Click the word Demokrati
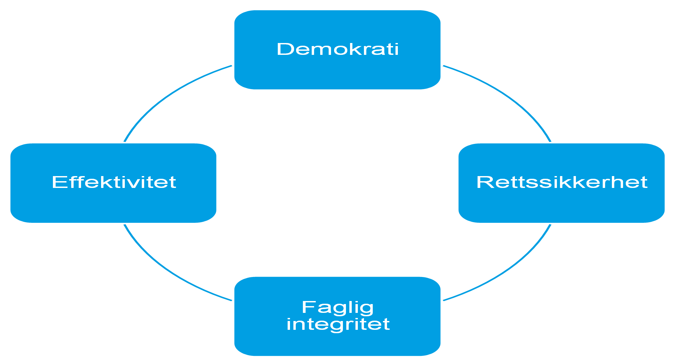point(337,49)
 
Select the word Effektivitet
point(114,182)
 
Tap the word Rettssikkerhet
point(562,182)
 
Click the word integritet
point(338,324)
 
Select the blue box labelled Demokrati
point(337,50)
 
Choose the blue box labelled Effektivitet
point(113,183)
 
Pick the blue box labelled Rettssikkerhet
point(561,183)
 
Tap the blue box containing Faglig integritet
point(337,316)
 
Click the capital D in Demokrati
point(284,49)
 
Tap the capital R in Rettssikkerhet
point(484,182)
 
